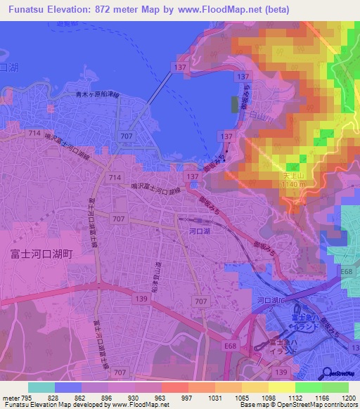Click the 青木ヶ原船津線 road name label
tap(98, 93)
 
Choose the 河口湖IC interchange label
tap(271, 300)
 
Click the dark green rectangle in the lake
tap(235, 105)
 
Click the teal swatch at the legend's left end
tap(41, 387)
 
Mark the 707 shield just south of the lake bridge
tap(127, 135)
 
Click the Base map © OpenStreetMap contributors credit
tap(298, 405)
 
